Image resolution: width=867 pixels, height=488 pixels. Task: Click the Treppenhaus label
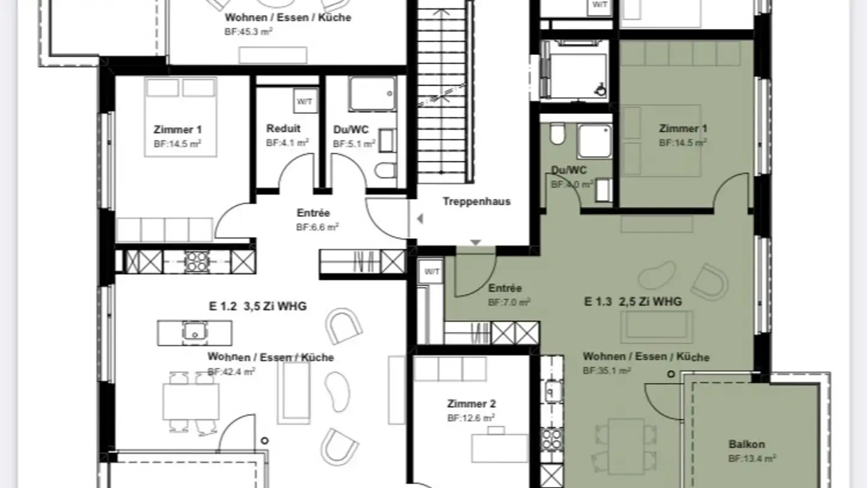(476, 201)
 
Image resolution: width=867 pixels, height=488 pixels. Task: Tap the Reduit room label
(283, 128)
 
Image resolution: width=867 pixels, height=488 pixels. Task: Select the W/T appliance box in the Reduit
(304, 101)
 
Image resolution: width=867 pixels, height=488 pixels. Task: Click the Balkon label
(747, 445)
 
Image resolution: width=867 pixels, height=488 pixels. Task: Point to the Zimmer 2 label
(471, 404)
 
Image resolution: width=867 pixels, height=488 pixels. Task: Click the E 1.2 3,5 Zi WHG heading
(258, 306)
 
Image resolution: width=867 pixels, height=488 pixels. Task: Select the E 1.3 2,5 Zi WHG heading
(633, 301)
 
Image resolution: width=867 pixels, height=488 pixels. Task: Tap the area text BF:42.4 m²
(231, 372)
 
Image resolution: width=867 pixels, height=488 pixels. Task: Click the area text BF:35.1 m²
(606, 371)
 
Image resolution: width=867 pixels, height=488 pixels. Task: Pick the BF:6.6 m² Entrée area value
(317, 227)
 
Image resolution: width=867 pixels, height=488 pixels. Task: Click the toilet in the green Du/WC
(558, 135)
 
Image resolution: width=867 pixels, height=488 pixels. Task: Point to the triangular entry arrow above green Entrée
(476, 243)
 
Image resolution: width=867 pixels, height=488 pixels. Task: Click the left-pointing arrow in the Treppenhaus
(420, 219)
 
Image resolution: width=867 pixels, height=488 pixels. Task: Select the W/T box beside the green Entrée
(432, 272)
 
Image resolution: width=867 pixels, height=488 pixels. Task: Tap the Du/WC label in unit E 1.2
(351, 129)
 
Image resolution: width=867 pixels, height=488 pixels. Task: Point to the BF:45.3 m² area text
(249, 31)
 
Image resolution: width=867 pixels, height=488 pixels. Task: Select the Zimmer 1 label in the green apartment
(683, 128)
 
